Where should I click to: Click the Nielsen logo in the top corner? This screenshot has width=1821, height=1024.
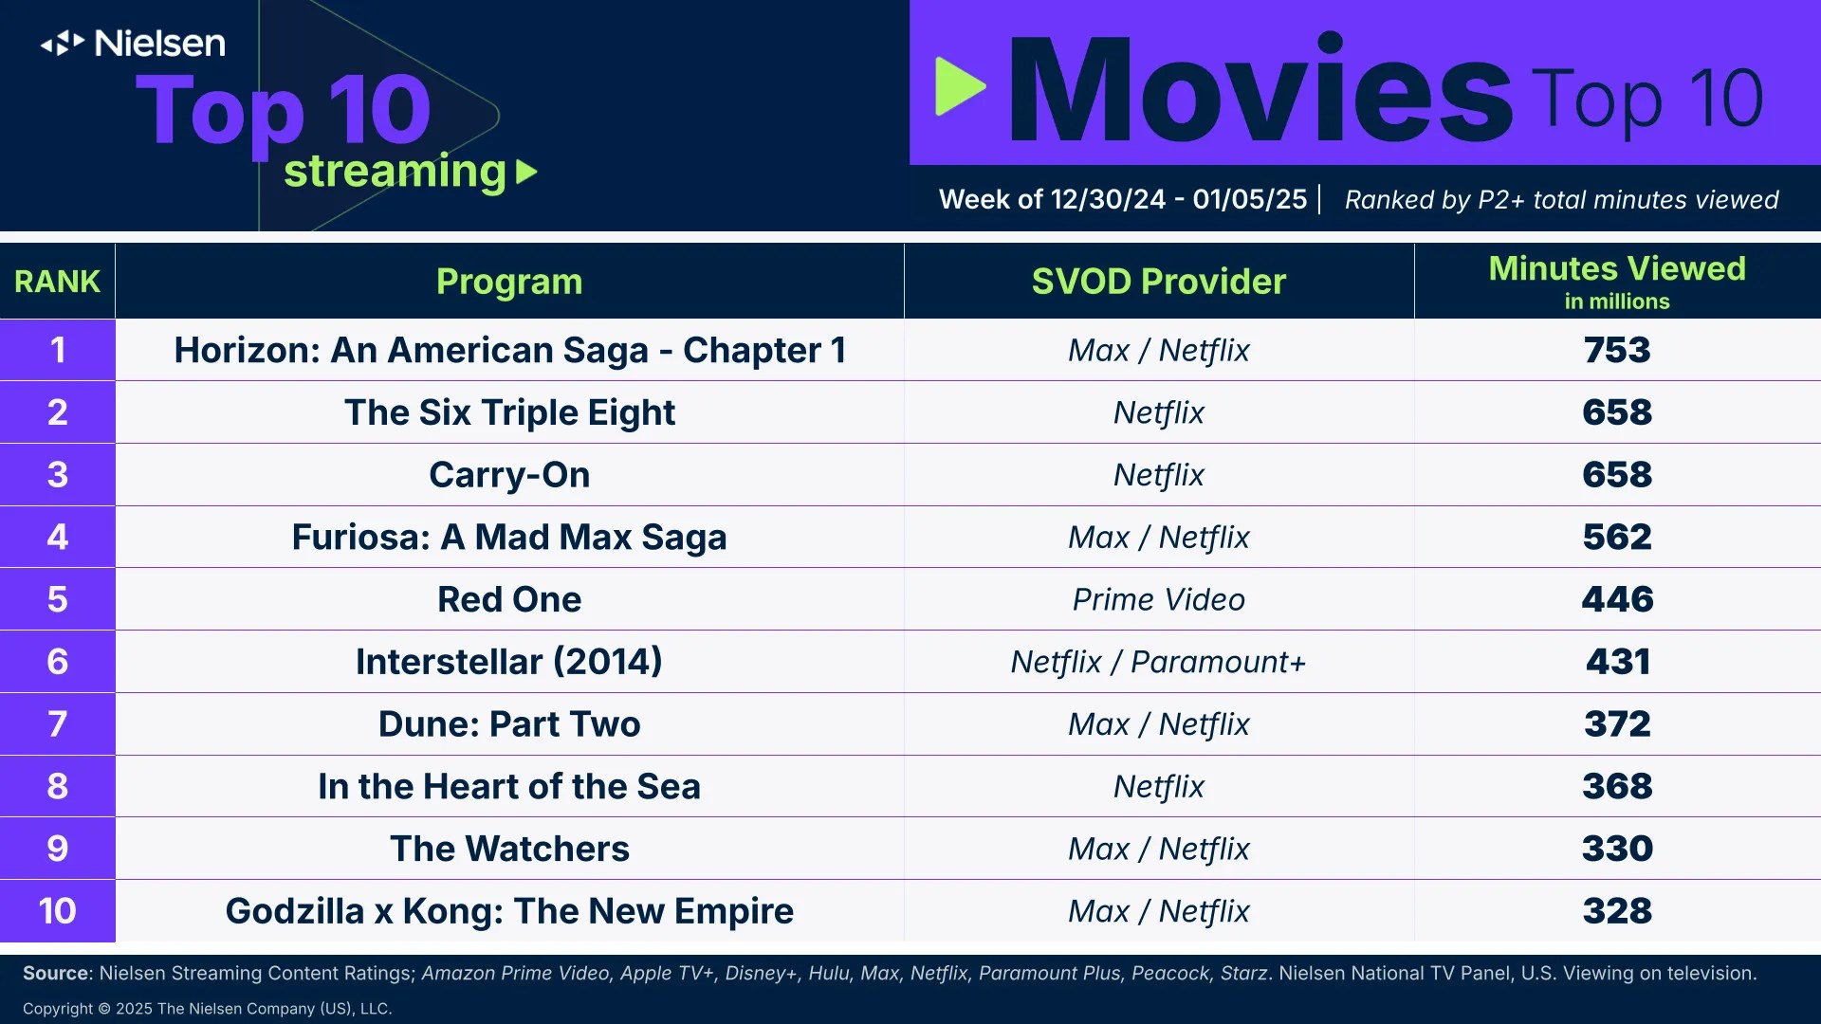133,44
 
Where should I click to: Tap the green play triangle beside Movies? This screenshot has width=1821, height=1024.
958,86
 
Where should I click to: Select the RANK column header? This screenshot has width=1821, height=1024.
57,282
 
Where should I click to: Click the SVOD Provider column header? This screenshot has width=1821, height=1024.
1158,282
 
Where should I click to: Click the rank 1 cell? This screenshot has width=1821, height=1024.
57,350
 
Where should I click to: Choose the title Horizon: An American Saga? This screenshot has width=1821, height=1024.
509,350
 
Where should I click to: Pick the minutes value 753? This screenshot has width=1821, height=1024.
1616,350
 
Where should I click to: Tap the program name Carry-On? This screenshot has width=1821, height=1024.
509,474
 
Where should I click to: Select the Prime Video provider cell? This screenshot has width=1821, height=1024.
1158,599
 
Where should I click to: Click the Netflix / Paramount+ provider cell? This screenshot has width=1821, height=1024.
1158,662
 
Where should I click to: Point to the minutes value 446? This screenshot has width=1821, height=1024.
1616,599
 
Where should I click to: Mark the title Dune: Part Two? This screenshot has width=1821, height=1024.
509,724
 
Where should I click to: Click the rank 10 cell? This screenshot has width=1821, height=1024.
57,911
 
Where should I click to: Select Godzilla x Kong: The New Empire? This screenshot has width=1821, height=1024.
509,911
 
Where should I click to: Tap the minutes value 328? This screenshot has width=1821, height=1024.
1616,911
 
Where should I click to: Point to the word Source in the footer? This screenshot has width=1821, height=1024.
55,973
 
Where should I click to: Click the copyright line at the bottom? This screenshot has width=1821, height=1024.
207,1009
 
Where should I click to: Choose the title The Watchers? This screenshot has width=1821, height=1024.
509,849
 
